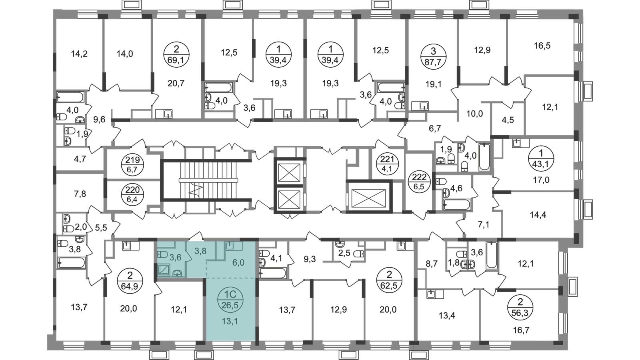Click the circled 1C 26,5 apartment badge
pyautogui.click(x=230, y=300)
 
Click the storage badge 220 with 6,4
pyautogui.click(x=132, y=195)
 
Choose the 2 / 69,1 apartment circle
pyautogui.click(x=176, y=54)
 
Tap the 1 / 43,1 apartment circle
pyautogui.click(x=541, y=159)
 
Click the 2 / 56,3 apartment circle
pyautogui.click(x=520, y=308)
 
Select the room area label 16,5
pyautogui.click(x=542, y=46)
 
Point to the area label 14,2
pyautogui.click(x=79, y=54)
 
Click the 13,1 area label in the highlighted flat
pyautogui.click(x=230, y=322)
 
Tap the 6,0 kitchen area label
pyautogui.click(x=238, y=263)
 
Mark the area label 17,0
pyautogui.click(x=541, y=180)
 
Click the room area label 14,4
pyautogui.click(x=538, y=215)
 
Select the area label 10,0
pyautogui.click(x=474, y=114)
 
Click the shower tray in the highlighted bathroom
pyautogui.click(x=164, y=270)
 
